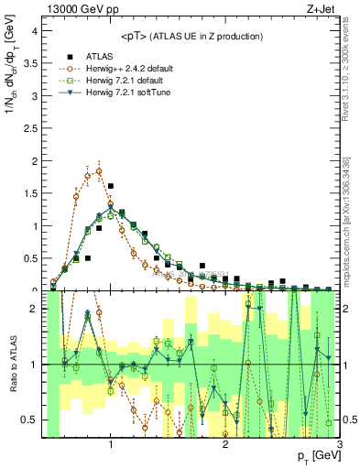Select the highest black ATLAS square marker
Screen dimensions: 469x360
pyautogui.click(x=111, y=186)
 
